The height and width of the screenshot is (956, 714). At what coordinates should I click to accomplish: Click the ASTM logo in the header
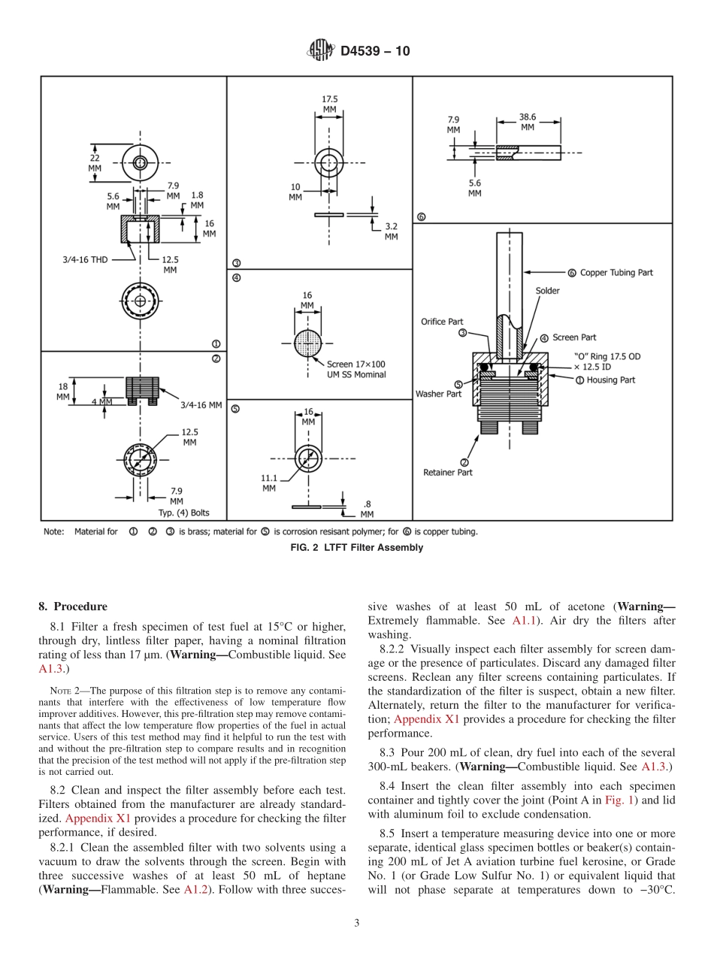point(320,51)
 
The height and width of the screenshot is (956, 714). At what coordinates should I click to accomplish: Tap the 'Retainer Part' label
point(448,472)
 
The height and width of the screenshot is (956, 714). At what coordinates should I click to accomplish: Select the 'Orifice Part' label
point(442,322)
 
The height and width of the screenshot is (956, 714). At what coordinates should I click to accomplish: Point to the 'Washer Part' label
point(438,394)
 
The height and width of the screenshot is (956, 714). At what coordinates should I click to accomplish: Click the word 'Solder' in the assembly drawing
point(547,291)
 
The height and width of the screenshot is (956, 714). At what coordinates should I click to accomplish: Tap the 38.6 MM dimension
point(528,122)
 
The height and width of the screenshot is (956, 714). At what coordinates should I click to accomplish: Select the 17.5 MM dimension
point(329,104)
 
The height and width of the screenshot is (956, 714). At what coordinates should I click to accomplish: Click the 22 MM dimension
point(95,163)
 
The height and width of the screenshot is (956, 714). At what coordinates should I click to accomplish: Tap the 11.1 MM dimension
point(269,482)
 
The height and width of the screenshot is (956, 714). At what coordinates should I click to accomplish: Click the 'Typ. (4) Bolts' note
point(183,513)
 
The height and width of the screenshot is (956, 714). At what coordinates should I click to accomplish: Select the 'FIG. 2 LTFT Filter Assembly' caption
point(356,548)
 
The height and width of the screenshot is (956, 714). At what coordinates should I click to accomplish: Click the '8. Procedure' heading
point(73,607)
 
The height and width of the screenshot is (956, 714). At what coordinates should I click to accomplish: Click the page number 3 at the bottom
point(356,923)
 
